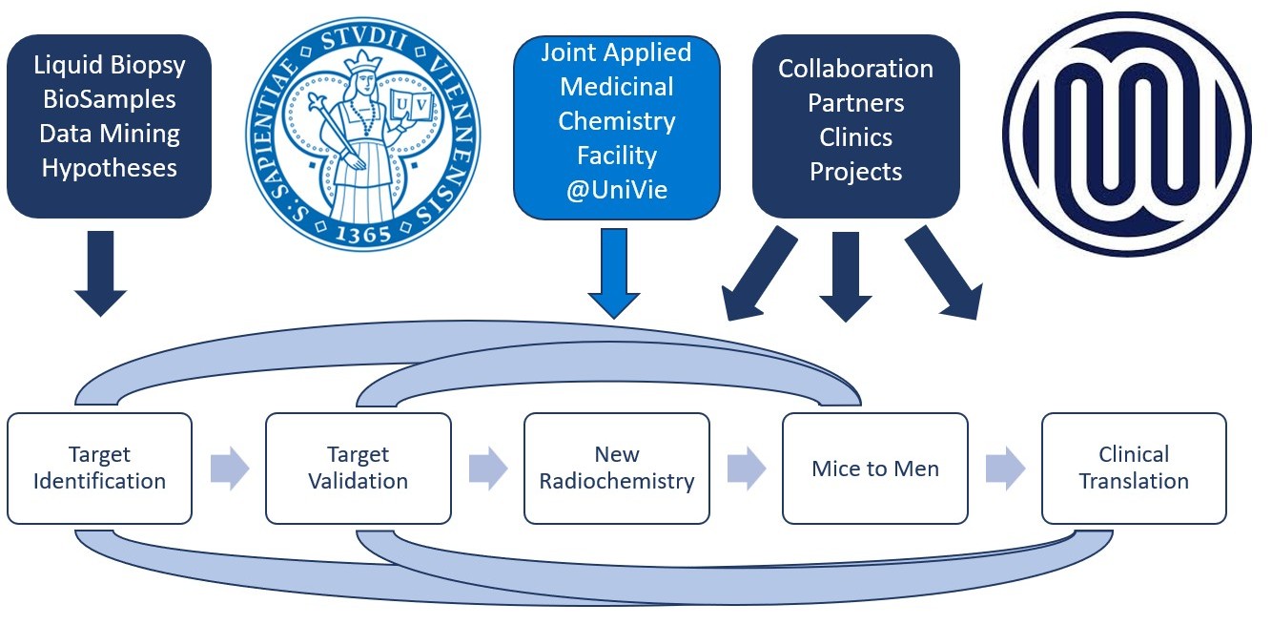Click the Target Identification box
tap(99, 468)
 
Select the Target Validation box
tap(358, 468)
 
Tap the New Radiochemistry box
tap(617, 468)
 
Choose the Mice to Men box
tap(875, 469)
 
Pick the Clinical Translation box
tap(1134, 468)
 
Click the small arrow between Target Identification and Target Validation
tap(229, 469)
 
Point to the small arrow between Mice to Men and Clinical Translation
tap(1005, 469)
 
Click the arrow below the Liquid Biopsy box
tap(100, 272)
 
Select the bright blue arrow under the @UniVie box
tap(615, 272)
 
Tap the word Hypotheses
tap(109, 168)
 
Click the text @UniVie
tap(616, 189)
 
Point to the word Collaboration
tap(855, 69)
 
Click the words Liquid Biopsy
tap(109, 65)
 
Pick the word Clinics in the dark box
tap(855, 137)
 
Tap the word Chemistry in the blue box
tap(616, 121)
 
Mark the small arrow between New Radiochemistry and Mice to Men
tap(747, 469)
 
